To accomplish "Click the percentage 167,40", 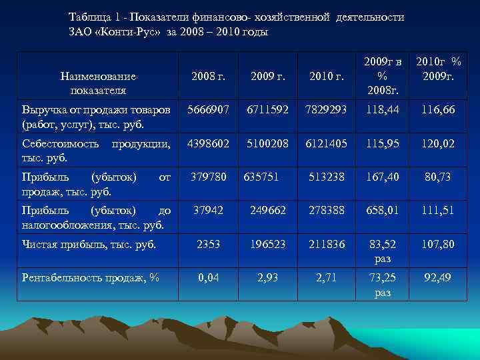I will coord(383,177).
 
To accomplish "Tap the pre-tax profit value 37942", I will coord(208,211).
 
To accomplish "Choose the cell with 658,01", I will coord(383,211).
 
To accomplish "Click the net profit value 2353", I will coord(208,245).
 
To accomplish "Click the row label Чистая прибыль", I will coord(88,245).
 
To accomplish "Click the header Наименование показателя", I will coord(98,83).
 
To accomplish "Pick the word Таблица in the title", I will coord(91,17).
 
